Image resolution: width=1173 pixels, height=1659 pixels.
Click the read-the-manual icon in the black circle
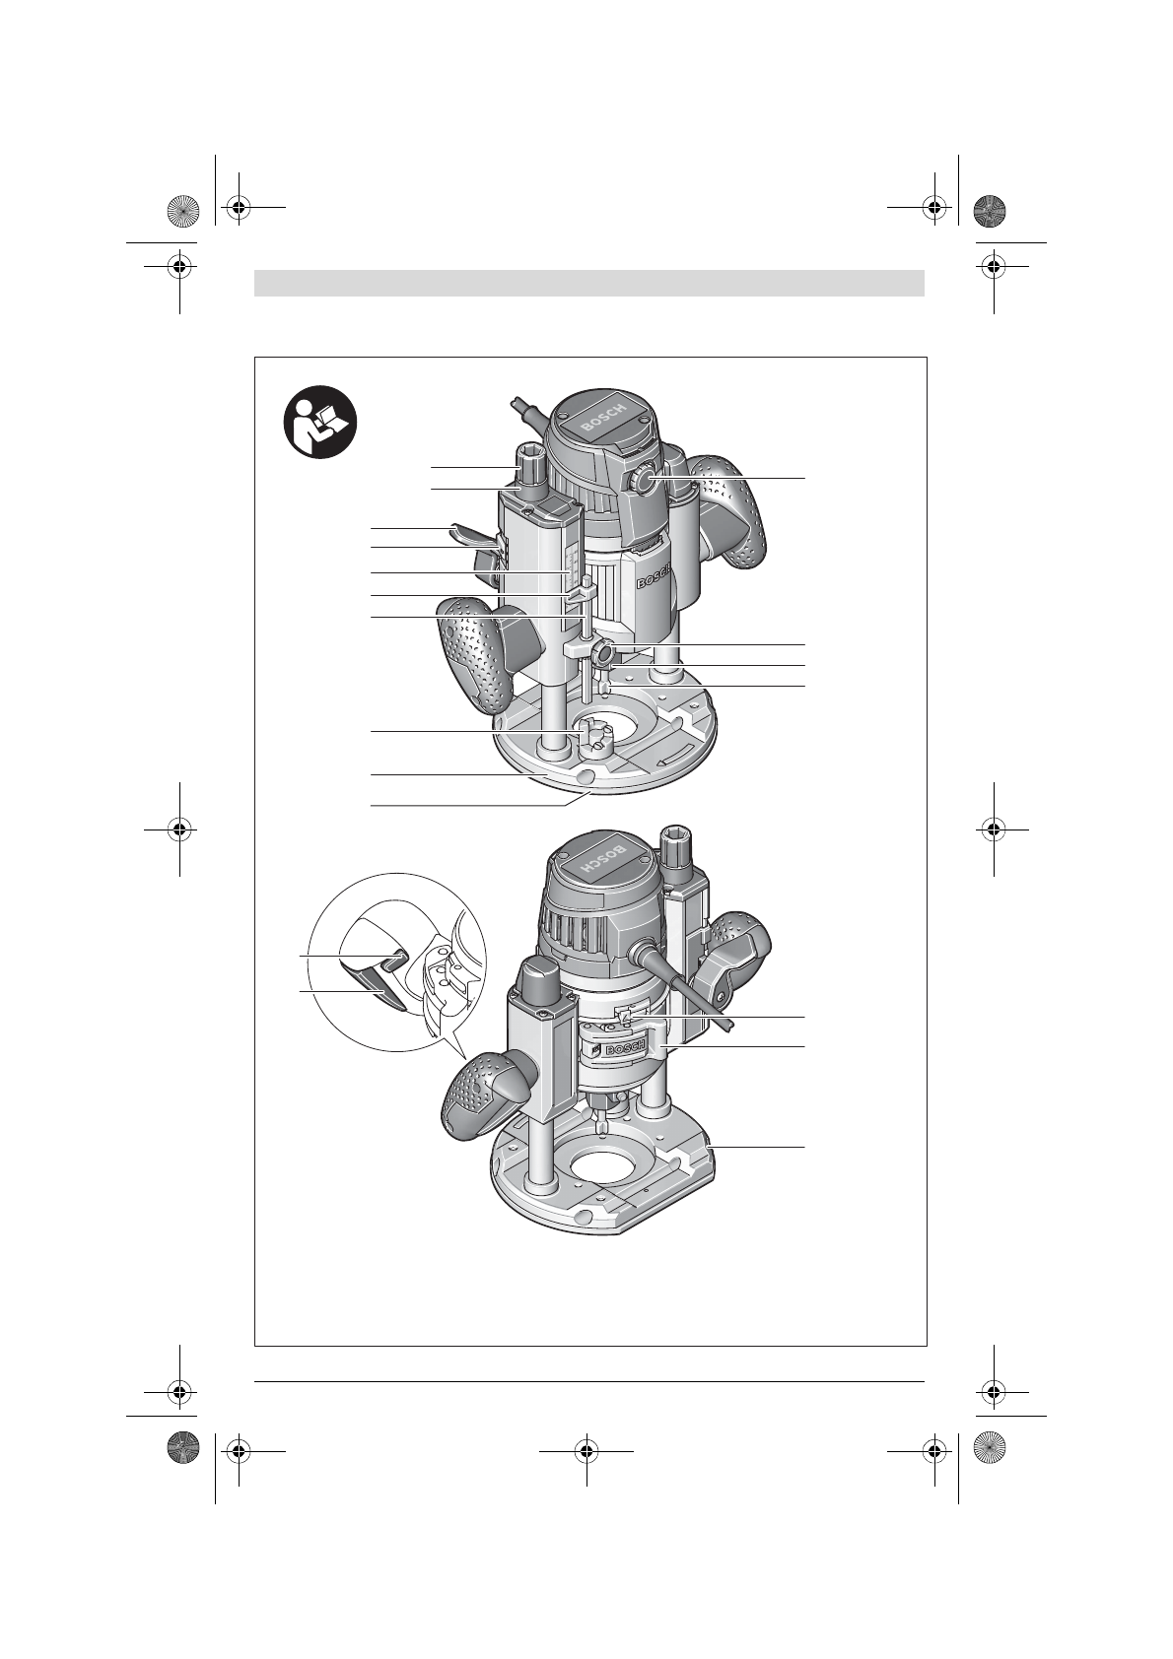320,423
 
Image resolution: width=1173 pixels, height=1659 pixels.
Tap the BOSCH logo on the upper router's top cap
603,419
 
